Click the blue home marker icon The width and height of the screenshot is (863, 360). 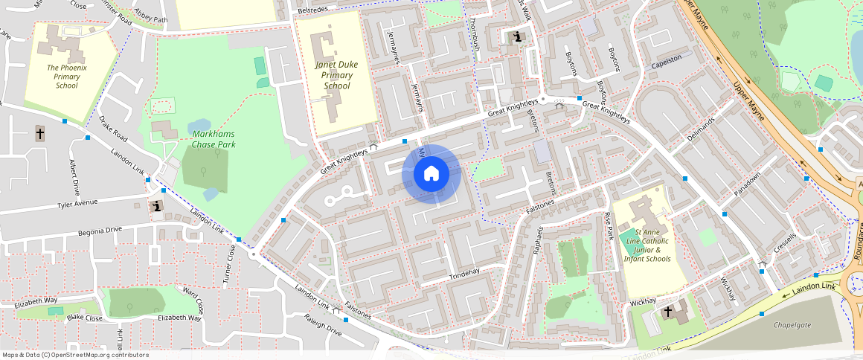click(x=431, y=174)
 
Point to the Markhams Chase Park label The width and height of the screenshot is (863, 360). click(x=214, y=139)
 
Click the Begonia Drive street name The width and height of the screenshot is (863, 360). click(x=100, y=231)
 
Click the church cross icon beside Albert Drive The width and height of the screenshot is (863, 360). click(x=40, y=134)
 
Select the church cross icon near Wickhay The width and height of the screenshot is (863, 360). click(x=667, y=312)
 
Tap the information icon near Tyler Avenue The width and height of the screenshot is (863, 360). click(x=157, y=206)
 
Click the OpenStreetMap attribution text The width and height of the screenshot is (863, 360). click(x=75, y=355)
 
